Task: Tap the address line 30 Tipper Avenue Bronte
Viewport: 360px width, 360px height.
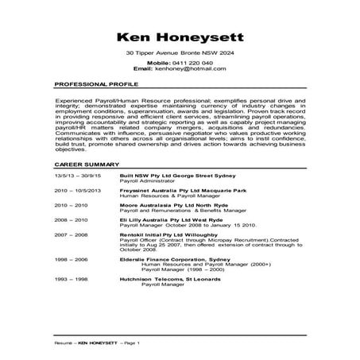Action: pos(180,52)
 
